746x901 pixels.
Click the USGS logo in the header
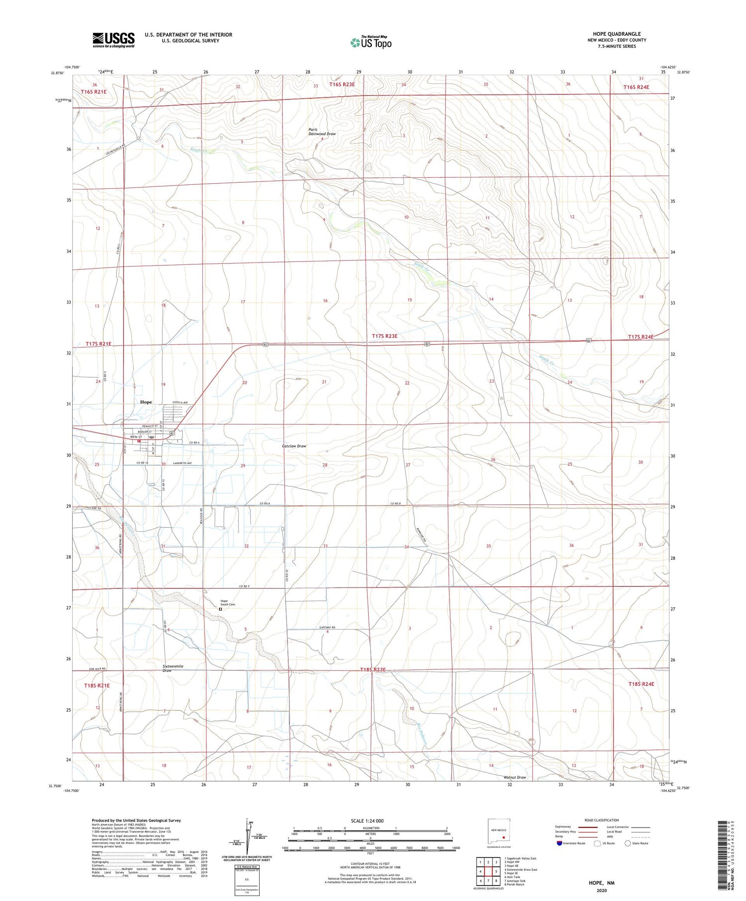(x=113, y=40)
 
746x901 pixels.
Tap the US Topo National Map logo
(x=371, y=42)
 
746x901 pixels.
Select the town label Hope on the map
(x=146, y=402)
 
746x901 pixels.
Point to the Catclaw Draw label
(x=294, y=446)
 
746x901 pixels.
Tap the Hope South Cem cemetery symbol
(x=220, y=609)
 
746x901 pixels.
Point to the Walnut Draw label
(x=515, y=777)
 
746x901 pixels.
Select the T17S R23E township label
(x=384, y=336)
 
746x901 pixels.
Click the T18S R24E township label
(x=641, y=684)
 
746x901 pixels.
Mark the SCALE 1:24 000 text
(x=367, y=820)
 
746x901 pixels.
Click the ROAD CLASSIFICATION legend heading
(x=602, y=820)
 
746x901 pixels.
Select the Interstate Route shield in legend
(x=559, y=843)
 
